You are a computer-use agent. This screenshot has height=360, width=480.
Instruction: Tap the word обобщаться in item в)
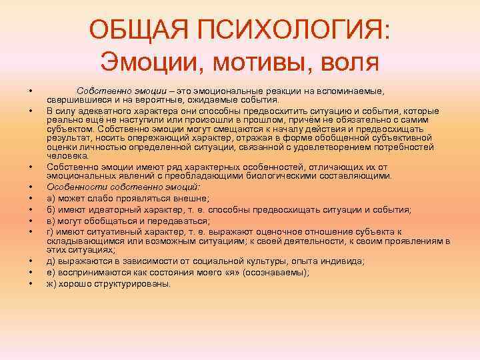pyautogui.click(x=110, y=221)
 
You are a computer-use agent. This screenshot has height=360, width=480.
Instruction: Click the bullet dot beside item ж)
pyautogui.click(x=31, y=283)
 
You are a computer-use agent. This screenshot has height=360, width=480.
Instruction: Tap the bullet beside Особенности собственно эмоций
pyautogui.click(x=31, y=187)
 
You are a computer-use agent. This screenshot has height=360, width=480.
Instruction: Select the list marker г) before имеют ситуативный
pyautogui.click(x=51, y=231)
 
